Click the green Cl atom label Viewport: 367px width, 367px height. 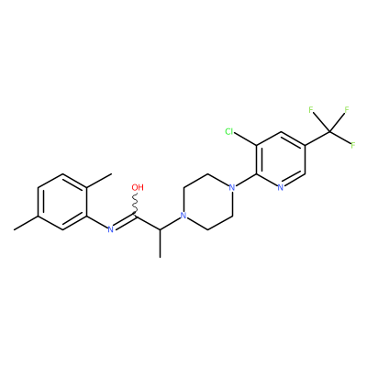(x=229, y=132)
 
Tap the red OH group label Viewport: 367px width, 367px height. (x=138, y=187)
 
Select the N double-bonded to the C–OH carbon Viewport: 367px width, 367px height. (x=111, y=229)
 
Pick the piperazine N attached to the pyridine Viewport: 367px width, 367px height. (x=232, y=187)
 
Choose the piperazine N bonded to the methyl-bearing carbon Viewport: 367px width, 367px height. (x=183, y=216)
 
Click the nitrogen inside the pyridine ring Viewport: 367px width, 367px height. (x=281, y=187)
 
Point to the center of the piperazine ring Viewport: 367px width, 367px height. (x=208, y=201)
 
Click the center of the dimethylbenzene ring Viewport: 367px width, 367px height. (x=62, y=201)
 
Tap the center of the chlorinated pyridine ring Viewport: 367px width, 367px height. (x=281, y=159)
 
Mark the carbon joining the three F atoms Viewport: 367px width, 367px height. (x=329, y=131)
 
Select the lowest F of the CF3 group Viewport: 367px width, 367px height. (x=353, y=145)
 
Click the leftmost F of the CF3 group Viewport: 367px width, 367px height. (x=311, y=110)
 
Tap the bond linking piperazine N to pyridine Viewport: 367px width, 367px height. (x=246, y=180)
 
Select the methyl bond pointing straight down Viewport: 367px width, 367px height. (x=160, y=243)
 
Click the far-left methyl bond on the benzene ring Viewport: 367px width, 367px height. (x=26, y=223)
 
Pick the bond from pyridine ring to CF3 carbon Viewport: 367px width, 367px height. (x=317, y=139)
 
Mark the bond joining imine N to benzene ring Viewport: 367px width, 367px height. (x=97, y=221)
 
